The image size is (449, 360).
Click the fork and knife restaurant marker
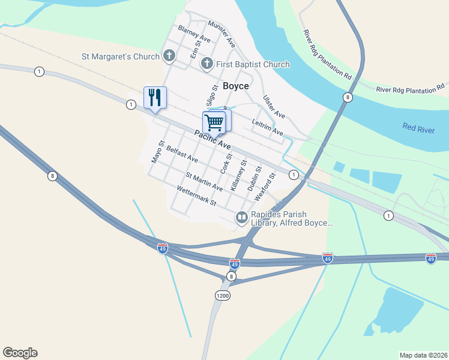(155, 98)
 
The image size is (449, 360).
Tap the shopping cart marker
(214, 122)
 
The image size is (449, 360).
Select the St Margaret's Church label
(121, 57)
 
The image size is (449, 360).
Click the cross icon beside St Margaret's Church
(169, 57)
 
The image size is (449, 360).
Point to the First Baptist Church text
(253, 64)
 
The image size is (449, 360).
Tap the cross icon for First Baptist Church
(207, 64)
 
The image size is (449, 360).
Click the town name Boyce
(236, 86)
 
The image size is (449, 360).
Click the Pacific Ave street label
(212, 140)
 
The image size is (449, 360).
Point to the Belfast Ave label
(182, 154)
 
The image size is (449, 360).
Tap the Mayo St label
(157, 152)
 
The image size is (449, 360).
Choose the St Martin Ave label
(204, 182)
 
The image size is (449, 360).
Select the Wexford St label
(265, 187)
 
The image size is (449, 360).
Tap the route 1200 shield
(222, 296)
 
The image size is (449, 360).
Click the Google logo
(20, 353)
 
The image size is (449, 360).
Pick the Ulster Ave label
(274, 107)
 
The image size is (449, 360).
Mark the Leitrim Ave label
(268, 127)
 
